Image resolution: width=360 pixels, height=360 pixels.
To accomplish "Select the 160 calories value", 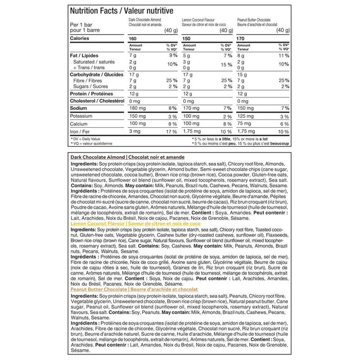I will tap(133, 38).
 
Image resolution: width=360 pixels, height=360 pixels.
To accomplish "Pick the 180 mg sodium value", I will tap(138, 107).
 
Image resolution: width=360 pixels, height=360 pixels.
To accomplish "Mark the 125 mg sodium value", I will tap(248, 107).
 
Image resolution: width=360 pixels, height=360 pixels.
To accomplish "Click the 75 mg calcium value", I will tap(246, 123).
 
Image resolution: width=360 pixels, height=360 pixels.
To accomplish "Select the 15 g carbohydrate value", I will tap(244, 74).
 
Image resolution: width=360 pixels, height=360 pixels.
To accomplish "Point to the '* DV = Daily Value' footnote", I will tap(87, 138).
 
